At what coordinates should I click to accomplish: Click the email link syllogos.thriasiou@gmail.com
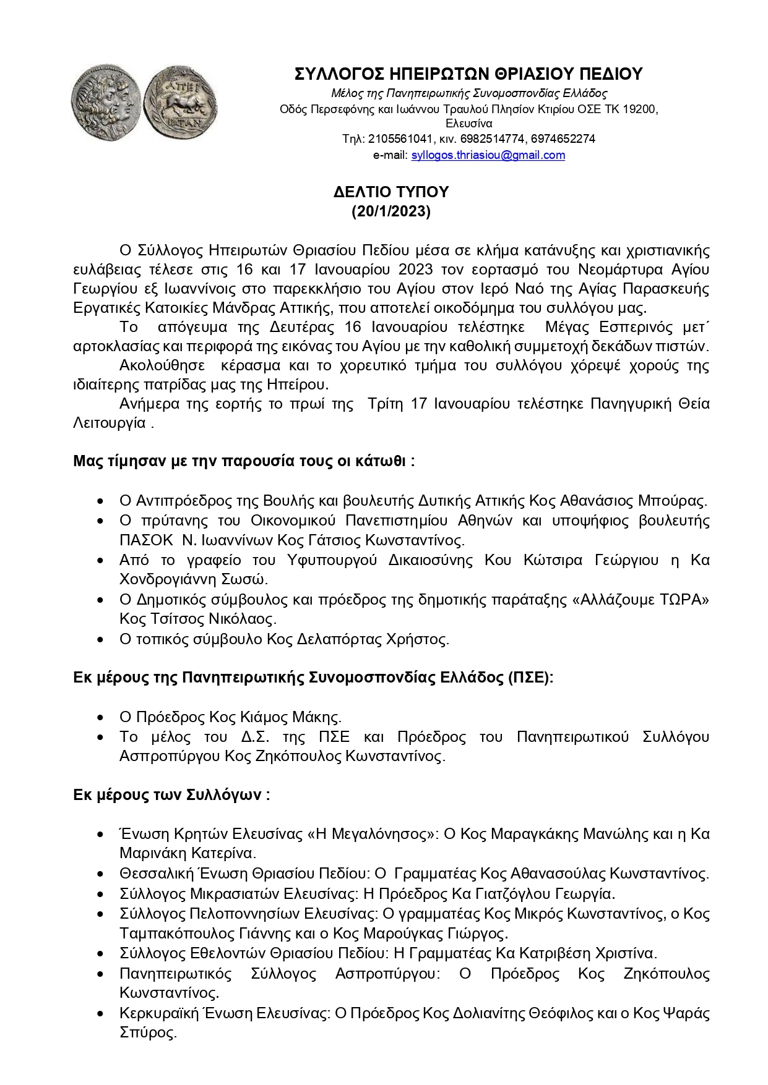[488, 155]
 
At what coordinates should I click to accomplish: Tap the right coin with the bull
[180, 102]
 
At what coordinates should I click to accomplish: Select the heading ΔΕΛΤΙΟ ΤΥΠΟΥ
[390, 192]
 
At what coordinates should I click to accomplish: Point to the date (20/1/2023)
[390, 211]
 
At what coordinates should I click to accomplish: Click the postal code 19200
[639, 109]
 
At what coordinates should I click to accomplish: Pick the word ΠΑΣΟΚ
[146, 540]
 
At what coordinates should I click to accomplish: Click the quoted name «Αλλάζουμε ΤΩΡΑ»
[644, 600]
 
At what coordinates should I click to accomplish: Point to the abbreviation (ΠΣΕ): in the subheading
[530, 678]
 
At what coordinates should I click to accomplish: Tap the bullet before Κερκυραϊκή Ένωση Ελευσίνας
[100, 1014]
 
